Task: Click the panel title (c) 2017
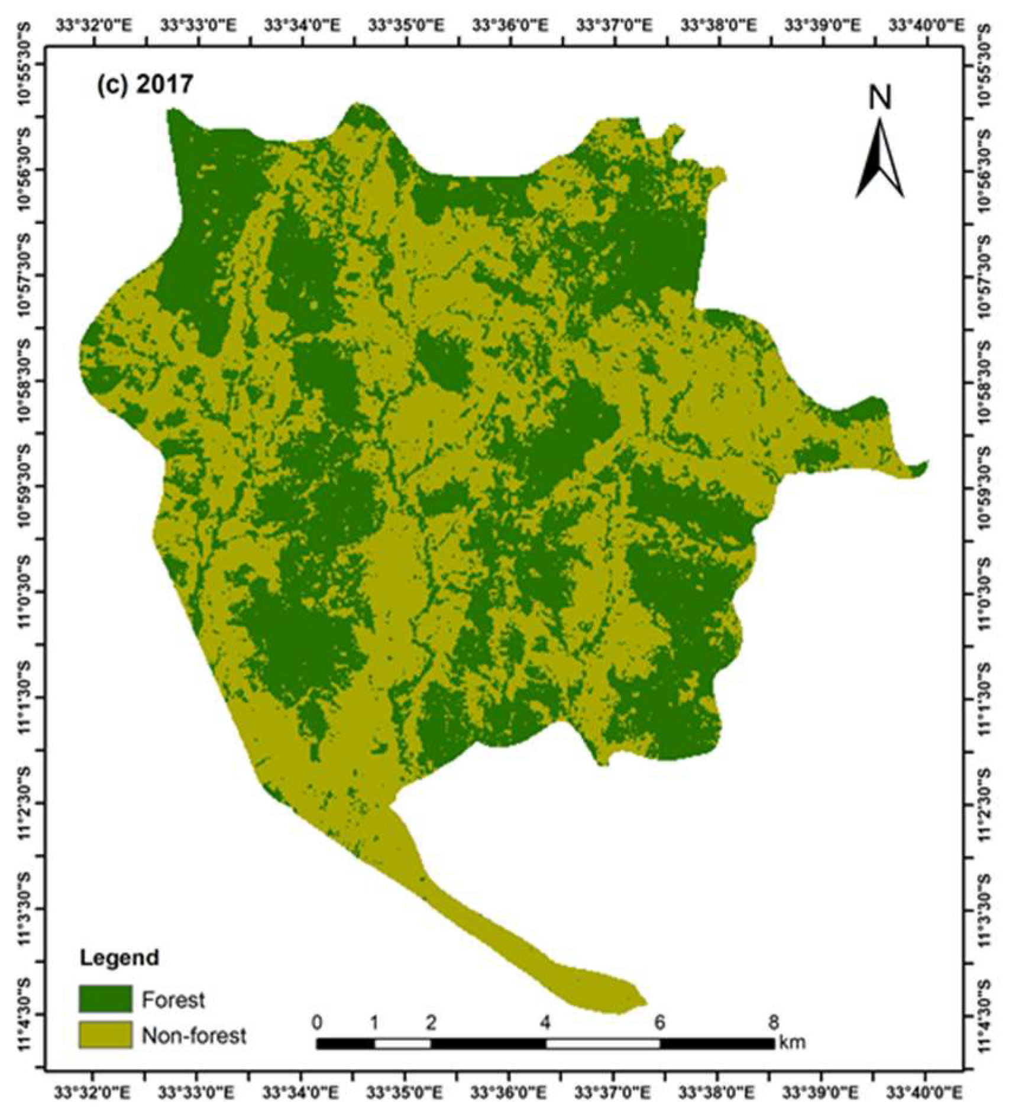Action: [x=145, y=84]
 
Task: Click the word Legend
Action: [x=120, y=958]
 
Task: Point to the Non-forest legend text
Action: [x=194, y=1036]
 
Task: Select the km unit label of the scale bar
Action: [x=793, y=1041]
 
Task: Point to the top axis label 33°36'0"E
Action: [x=509, y=25]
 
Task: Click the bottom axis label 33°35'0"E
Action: [x=405, y=1089]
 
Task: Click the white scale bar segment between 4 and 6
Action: [x=603, y=1043]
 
